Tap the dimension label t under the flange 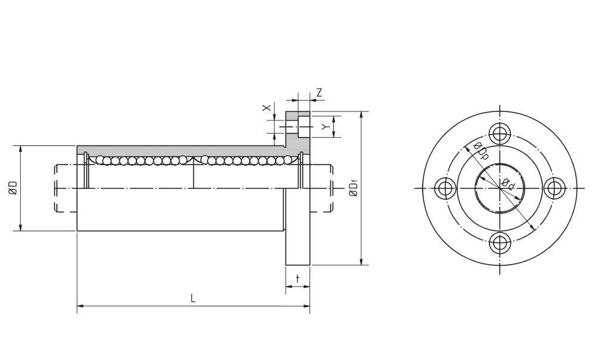point(297,279)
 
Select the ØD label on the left point(13,188)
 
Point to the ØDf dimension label point(354,188)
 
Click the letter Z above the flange point(320,92)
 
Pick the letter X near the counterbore point(267,108)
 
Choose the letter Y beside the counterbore point(325,127)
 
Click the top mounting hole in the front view point(499,133)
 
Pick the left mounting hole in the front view point(444,188)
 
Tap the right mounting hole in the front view point(554,188)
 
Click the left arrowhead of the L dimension point(80,307)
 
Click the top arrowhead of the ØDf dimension point(361,114)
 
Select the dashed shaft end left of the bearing point(66,188)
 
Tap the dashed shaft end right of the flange point(322,188)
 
